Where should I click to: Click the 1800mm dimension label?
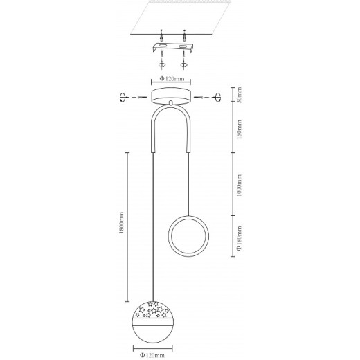[x=121, y=223]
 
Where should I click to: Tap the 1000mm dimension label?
[x=240, y=186]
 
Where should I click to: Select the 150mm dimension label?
[x=240, y=129]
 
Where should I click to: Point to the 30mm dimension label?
[x=240, y=95]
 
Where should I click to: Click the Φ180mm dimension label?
[x=240, y=238]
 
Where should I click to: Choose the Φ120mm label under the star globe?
[x=152, y=355]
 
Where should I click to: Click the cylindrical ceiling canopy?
[x=171, y=96]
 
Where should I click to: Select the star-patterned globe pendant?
[x=152, y=322]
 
